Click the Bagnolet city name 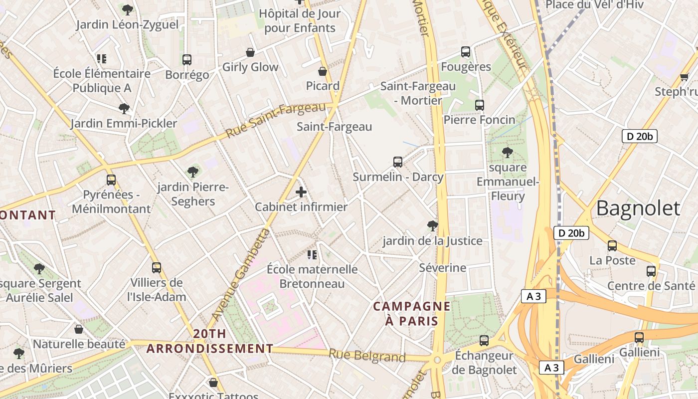[638, 208]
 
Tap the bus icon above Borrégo [187, 60]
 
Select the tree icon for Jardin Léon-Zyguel [128, 9]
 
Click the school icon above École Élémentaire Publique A [102, 59]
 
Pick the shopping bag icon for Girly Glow [250, 52]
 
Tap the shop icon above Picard [323, 71]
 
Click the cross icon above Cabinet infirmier [301, 192]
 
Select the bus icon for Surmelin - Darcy [398, 162]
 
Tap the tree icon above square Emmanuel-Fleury [508, 153]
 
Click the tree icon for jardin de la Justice [433, 226]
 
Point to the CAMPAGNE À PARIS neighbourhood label [412, 313]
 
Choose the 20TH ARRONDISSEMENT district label [210, 341]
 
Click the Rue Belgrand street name [367, 356]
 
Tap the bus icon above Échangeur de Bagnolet [484, 341]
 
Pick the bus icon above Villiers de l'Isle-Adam [157, 268]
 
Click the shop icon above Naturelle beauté [79, 329]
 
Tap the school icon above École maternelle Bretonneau [312, 255]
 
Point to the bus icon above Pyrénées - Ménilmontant [111, 180]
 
